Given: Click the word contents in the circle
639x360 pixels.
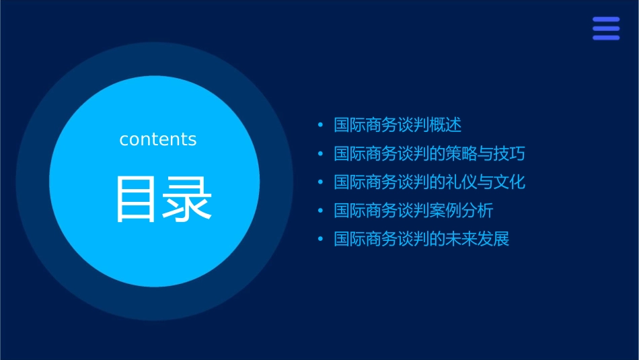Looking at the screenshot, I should click(158, 139).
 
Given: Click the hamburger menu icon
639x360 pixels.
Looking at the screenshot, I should click(605, 29).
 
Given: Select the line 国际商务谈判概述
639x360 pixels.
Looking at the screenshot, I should click(398, 125).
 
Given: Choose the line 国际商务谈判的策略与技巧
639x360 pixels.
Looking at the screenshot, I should click(429, 153).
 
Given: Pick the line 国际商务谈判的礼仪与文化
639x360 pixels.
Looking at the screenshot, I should click(429, 182).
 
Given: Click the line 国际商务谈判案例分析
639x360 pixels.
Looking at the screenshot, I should click(414, 211).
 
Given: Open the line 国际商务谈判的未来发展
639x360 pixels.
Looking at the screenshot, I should click(422, 239).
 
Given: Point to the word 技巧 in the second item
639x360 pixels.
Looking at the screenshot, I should click(509, 153).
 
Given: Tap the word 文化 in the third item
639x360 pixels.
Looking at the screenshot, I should click(509, 182).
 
